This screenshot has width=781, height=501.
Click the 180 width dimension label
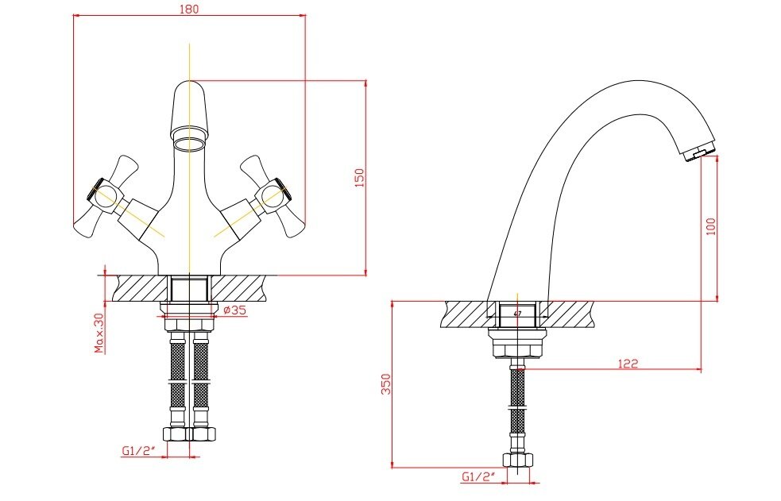(x=189, y=9)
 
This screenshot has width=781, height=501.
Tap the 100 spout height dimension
(x=711, y=225)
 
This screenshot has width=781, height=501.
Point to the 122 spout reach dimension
(x=628, y=364)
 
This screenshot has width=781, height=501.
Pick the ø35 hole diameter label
(x=234, y=310)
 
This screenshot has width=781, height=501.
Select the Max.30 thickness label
(x=99, y=333)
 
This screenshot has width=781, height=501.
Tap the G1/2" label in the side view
(x=478, y=476)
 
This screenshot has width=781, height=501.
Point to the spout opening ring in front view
(x=189, y=144)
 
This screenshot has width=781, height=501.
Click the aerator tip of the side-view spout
(x=699, y=152)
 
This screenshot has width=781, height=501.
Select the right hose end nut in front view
(x=203, y=434)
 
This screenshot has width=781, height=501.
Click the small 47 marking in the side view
(x=517, y=314)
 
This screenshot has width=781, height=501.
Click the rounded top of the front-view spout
(x=189, y=87)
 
